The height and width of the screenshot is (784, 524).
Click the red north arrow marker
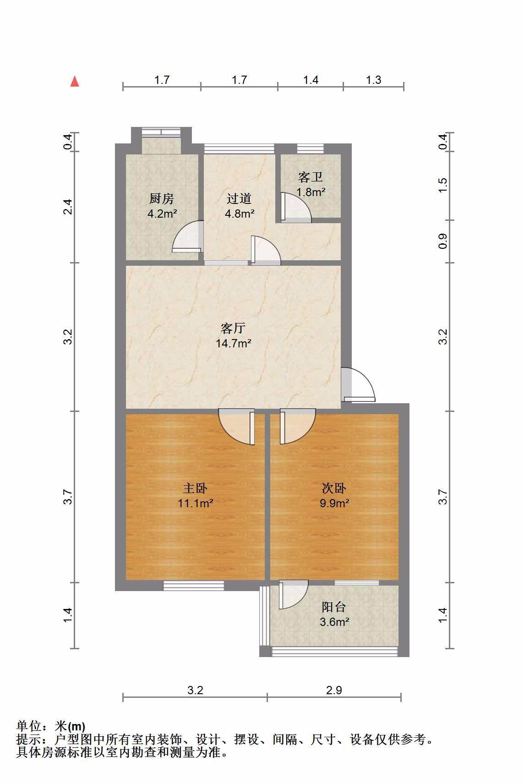pyautogui.click(x=75, y=82)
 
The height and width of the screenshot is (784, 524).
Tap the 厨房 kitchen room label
pyautogui.click(x=162, y=198)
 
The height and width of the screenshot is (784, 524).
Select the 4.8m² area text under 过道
pyautogui.click(x=240, y=214)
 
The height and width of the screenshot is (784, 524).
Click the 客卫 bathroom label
pyautogui.click(x=310, y=177)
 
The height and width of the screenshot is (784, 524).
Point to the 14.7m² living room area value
pyautogui.click(x=233, y=343)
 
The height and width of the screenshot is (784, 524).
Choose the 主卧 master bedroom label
pyautogui.click(x=195, y=488)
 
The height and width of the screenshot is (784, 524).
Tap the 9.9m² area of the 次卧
pyautogui.click(x=334, y=503)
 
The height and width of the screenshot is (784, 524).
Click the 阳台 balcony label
pyautogui.click(x=334, y=607)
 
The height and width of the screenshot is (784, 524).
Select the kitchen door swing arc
pyautogui.click(x=187, y=236)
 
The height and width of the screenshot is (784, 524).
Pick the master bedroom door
pyautogui.click(x=236, y=427)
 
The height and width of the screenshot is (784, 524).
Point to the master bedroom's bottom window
pyautogui.click(x=194, y=586)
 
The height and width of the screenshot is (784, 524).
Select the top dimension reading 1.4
pyautogui.click(x=311, y=80)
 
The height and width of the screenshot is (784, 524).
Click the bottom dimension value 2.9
pyautogui.click(x=334, y=690)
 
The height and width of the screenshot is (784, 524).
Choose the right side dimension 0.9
pyautogui.click(x=442, y=241)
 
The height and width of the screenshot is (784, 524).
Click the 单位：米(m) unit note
pyautogui.click(x=51, y=726)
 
